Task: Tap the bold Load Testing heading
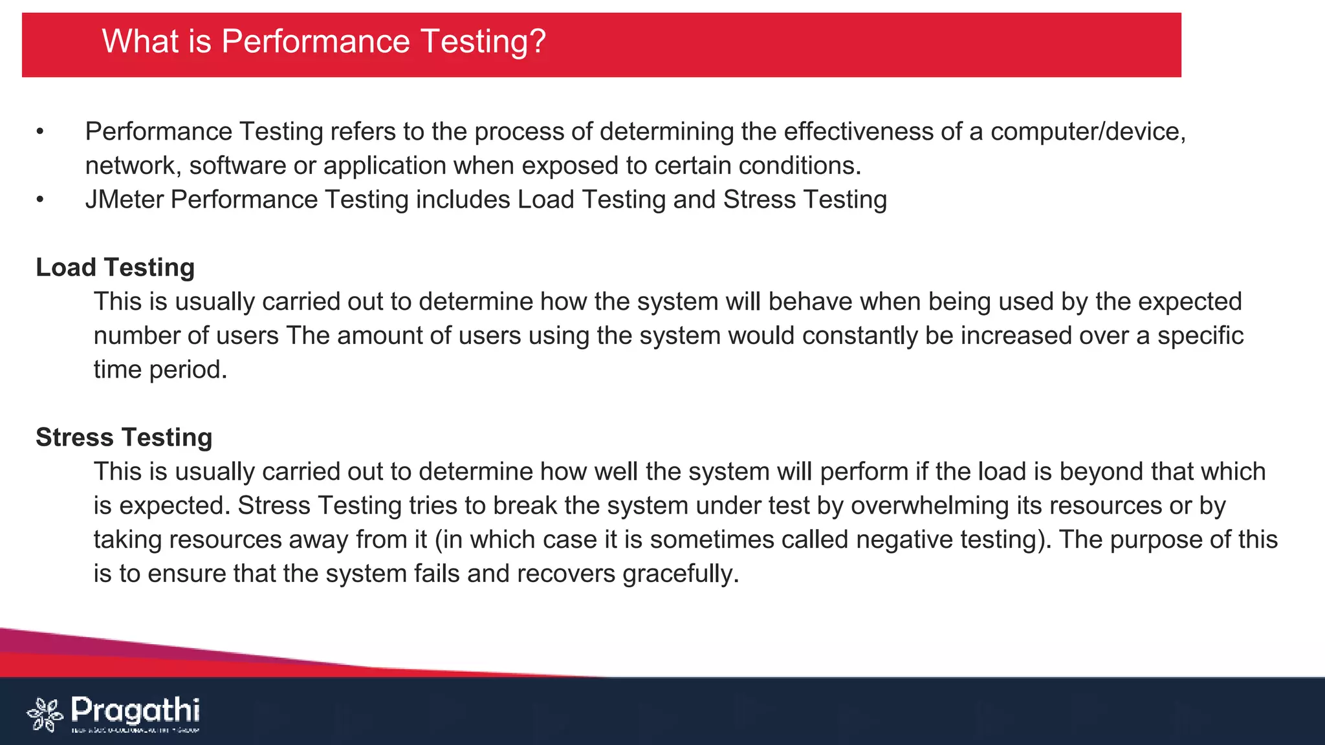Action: pos(115,268)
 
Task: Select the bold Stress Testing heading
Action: pos(124,438)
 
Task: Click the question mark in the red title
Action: pos(538,41)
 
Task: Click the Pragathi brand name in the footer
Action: pos(135,710)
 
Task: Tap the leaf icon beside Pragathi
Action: pos(45,715)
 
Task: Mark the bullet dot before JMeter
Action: pos(40,200)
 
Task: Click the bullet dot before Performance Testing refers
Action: pos(40,132)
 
